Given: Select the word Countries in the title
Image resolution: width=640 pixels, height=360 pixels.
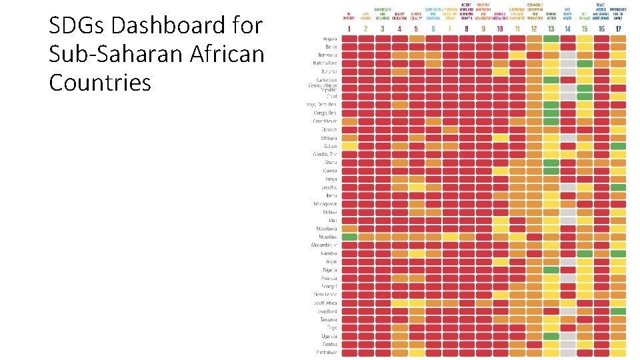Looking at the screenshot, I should click(100, 83).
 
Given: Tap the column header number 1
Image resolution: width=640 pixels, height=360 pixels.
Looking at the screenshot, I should click(349, 29).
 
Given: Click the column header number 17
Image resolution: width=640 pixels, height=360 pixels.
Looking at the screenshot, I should click(618, 29).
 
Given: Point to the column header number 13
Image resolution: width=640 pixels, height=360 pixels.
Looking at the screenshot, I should click(551, 29).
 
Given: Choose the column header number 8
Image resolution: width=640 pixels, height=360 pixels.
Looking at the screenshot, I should click(467, 29).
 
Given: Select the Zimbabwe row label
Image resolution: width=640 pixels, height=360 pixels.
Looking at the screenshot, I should click(326, 352).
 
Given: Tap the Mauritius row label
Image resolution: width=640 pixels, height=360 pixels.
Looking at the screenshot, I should click(326, 237).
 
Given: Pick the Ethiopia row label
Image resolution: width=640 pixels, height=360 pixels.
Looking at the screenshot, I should click(327, 138).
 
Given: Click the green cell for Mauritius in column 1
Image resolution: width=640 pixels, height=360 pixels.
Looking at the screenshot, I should click(349, 237).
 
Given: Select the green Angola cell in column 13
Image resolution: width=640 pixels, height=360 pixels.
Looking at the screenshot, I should click(551, 39).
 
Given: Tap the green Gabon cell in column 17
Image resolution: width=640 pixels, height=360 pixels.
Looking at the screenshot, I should click(618, 146).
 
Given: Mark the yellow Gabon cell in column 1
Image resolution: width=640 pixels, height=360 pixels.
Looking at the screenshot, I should click(349, 146).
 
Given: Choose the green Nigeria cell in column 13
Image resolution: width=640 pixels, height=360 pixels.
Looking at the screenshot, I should click(551, 270).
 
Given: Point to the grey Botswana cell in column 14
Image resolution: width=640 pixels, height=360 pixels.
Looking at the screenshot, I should click(568, 55).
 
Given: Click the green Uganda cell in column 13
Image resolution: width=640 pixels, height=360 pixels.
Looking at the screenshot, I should click(551, 336).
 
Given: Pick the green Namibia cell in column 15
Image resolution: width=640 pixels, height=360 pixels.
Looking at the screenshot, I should click(585, 253).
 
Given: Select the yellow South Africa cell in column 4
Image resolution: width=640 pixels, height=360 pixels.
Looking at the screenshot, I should click(400, 303).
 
